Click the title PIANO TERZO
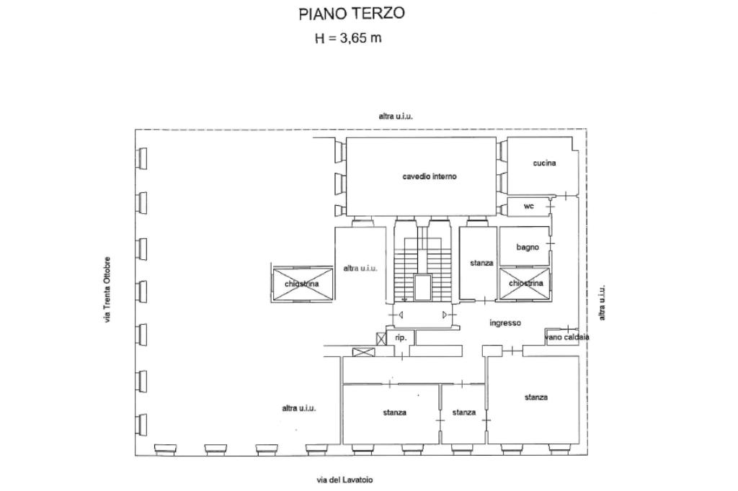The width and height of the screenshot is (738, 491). coord(352,14)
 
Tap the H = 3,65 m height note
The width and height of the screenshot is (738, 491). coord(348,38)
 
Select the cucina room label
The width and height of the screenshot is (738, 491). coord(544,163)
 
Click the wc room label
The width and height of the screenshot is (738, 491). coord(529,207)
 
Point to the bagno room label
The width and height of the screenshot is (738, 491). coord(528,248)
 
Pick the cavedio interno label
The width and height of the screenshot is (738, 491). coord(430,176)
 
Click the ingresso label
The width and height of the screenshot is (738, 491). coord(504,323)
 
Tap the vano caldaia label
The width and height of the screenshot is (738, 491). coord(567,337)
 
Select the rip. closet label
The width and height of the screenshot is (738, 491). coord(401,337)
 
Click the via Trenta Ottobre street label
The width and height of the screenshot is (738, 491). coord(107,289)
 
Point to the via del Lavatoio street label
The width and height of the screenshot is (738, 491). coord(344,479)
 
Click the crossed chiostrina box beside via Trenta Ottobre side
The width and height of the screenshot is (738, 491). coord(302,284)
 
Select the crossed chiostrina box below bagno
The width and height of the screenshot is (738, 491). coord(525,284)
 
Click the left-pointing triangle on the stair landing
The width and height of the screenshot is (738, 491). coord(401,315)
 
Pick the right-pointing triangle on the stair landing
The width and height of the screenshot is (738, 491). coord(445,315)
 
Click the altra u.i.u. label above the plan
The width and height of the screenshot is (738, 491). coord(396,116)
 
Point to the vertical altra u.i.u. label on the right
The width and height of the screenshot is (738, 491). coord(603,302)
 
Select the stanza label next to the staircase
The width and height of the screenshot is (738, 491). coord(481,263)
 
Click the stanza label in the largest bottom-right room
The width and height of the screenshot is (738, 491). coord(535,397)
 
